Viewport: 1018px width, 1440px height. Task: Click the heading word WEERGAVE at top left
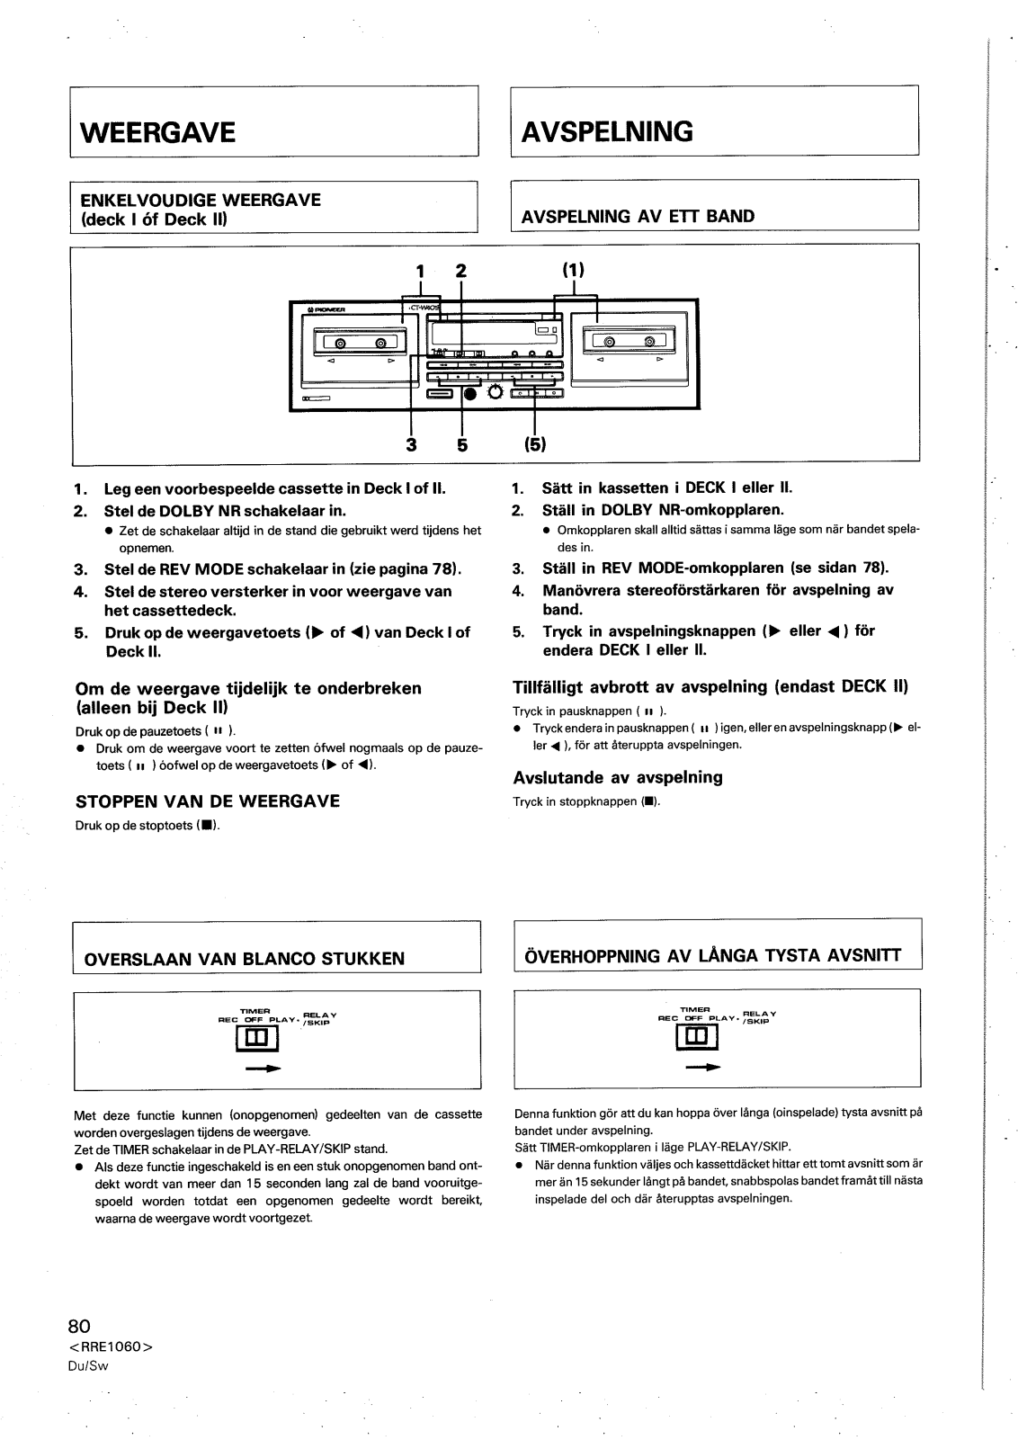(x=158, y=133)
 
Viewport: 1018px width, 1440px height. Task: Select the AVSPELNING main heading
(x=608, y=132)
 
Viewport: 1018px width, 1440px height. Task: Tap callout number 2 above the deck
(x=461, y=271)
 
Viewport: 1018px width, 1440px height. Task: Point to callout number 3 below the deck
(x=411, y=443)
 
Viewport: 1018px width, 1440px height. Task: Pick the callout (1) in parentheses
(x=574, y=270)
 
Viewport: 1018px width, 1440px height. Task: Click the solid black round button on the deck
(x=470, y=392)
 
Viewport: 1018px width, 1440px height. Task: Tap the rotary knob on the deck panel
(x=495, y=392)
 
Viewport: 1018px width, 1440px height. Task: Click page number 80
(x=80, y=1326)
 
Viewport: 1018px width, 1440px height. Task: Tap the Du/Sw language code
(x=88, y=1364)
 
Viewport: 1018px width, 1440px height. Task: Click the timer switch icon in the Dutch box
(x=257, y=1039)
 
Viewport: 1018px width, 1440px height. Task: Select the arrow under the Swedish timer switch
(x=703, y=1068)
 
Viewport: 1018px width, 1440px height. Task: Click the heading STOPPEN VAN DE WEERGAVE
(x=208, y=801)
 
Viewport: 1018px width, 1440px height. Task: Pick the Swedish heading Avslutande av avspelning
(x=618, y=777)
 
